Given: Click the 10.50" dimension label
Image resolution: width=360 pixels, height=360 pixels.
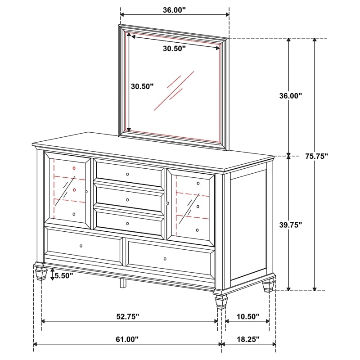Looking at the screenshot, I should coord(247,316).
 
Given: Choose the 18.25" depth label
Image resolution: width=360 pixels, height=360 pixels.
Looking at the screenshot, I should coord(247,339).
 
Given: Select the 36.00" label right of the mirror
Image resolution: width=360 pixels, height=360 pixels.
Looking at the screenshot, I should coord(290,95).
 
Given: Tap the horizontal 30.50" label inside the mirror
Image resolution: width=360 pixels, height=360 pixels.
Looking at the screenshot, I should coord(174,49).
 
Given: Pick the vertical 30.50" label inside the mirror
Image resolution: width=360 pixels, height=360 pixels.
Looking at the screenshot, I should coord(142,86).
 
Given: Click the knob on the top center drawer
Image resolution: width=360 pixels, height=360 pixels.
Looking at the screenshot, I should coord(127,174).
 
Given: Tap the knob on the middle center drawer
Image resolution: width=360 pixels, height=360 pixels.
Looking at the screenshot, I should coord(127,199).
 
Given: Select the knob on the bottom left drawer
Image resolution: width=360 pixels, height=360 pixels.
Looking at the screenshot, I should coord(81,246).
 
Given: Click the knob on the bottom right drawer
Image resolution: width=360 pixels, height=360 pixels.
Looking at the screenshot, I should coord(165,259).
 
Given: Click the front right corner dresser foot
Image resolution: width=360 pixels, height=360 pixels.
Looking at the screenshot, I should coord(220,301).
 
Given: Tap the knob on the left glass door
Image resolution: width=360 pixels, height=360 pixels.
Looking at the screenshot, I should coord(86,192).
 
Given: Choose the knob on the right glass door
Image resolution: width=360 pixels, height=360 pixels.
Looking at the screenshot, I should coord(167,204).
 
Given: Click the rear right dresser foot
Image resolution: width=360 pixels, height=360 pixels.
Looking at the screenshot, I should coord(269,285).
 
